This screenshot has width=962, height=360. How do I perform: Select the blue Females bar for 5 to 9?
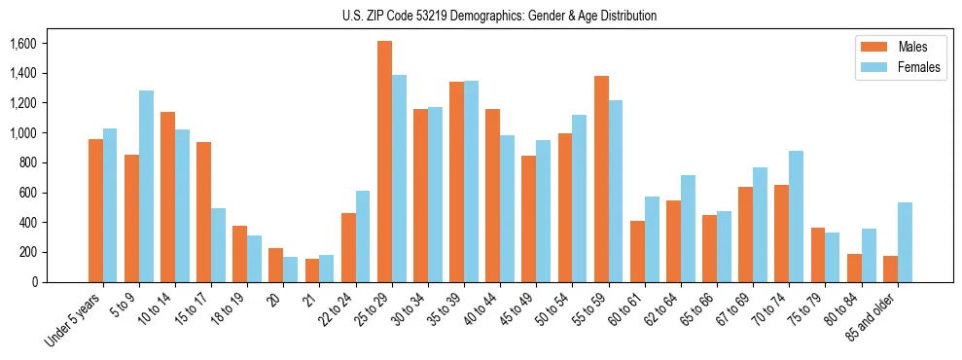146,186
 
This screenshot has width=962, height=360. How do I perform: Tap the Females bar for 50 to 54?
580,198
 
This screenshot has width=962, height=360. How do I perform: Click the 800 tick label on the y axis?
26,162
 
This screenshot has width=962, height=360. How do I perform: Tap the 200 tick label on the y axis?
26,252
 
